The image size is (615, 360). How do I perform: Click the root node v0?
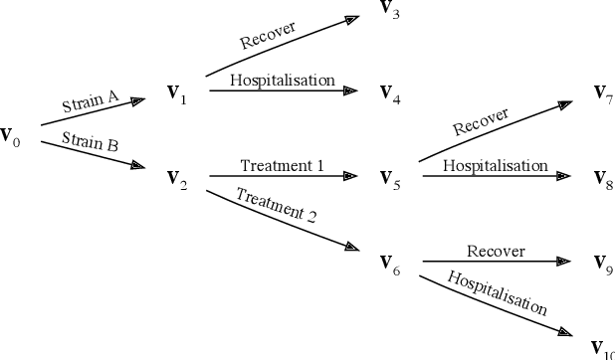[10, 135]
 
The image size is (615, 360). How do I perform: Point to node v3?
[390, 9]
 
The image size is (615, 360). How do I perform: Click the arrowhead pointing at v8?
[563, 177]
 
